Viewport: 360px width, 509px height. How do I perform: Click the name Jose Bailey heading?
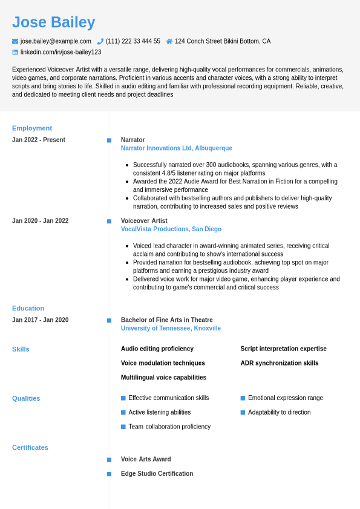pyautogui.click(x=53, y=22)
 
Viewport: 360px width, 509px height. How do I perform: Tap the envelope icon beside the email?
pyautogui.click(x=15, y=41)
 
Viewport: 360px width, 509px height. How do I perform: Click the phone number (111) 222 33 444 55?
pyautogui.click(x=133, y=41)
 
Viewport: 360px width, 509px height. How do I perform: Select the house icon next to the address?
pyautogui.click(x=169, y=41)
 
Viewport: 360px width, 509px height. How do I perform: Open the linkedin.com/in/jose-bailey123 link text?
pyautogui.click(x=61, y=52)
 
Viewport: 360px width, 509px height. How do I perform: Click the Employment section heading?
pyautogui.click(x=32, y=128)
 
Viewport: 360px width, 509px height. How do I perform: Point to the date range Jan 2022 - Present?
pyautogui.click(x=39, y=140)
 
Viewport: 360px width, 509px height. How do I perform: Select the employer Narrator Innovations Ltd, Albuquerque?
pyautogui.click(x=176, y=148)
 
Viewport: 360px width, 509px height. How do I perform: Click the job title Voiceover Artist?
pyautogui.click(x=144, y=221)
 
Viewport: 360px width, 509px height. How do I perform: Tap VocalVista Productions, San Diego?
pyautogui.click(x=171, y=229)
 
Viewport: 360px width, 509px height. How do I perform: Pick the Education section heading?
pyautogui.click(x=28, y=308)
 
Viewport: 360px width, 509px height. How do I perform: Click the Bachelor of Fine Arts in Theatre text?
pyautogui.click(x=166, y=320)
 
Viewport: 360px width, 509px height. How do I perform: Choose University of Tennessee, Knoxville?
pyautogui.click(x=171, y=329)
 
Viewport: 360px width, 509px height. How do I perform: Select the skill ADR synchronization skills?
pyautogui.click(x=279, y=363)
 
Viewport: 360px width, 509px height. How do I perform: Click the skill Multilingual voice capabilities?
pyautogui.click(x=163, y=378)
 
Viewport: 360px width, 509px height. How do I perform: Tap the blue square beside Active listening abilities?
pyautogui.click(x=123, y=412)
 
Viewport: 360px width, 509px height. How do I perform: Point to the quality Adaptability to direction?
pyautogui.click(x=279, y=412)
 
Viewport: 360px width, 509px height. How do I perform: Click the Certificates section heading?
pyautogui.click(x=30, y=448)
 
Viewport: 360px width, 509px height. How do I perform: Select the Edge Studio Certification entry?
pyautogui.click(x=157, y=474)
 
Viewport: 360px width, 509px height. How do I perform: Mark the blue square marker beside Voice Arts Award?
pyautogui.click(x=109, y=460)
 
